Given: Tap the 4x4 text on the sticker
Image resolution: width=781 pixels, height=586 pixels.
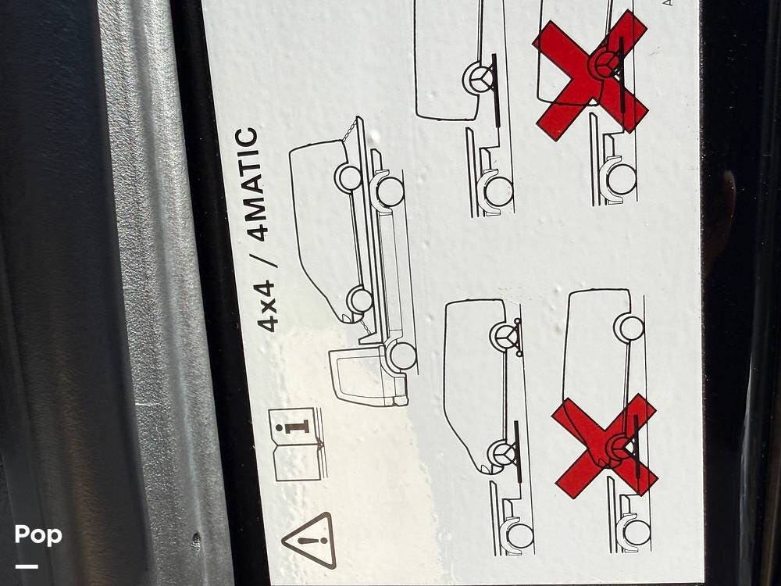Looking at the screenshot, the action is [x=266, y=306].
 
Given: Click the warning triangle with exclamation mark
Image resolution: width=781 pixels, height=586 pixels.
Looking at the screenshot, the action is [x=309, y=540].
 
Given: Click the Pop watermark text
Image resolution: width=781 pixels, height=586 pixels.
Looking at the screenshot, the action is [x=38, y=535].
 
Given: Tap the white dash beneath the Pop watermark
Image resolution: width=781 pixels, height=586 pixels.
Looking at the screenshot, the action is [x=27, y=566].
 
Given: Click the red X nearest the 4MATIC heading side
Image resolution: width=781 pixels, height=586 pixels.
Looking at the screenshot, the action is [x=590, y=76].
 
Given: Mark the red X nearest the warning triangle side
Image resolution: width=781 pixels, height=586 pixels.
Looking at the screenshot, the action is [x=604, y=446].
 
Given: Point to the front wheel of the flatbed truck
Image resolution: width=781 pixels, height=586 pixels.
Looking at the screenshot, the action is [x=402, y=356].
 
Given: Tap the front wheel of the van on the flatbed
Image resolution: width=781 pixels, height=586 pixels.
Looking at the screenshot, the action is [x=359, y=300].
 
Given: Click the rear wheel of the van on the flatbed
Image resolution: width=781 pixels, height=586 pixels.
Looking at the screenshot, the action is [x=349, y=177].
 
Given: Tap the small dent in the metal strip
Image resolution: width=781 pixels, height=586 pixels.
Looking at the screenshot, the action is [x=196, y=539].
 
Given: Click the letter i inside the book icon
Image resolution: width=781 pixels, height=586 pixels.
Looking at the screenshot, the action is [x=298, y=427].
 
